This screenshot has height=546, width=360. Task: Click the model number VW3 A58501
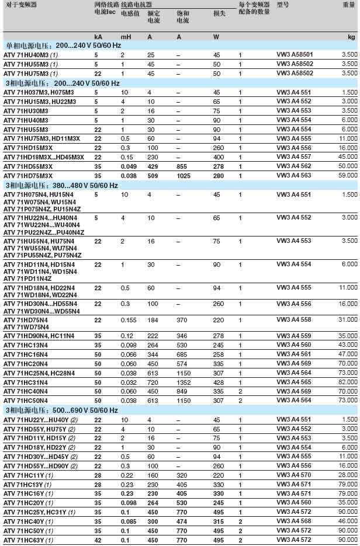pos(295,54)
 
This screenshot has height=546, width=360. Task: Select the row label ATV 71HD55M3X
pos(29,166)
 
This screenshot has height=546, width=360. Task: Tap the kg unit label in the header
pos(351,37)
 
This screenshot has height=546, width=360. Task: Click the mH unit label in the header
pos(125,37)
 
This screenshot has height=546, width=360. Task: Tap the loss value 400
pos(217,157)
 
